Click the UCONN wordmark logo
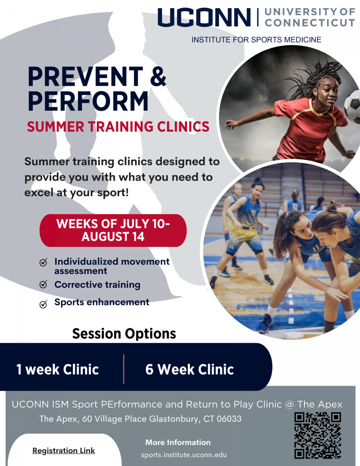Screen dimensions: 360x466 coord(204,17)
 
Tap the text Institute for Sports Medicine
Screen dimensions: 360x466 coord(256,40)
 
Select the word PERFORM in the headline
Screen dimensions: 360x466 coord(88,101)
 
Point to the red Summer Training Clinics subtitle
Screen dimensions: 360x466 coord(118,126)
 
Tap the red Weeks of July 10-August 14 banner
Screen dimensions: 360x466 coord(113,230)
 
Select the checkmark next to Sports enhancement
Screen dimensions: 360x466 coord(43,304)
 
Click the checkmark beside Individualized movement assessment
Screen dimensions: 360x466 coord(43,262)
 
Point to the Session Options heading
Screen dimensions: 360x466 coord(124,334)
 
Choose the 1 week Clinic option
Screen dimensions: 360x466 coord(57,369)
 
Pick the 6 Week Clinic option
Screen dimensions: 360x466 coord(190,369)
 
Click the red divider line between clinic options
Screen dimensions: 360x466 coord(124,369)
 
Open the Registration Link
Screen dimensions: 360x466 coord(63,450)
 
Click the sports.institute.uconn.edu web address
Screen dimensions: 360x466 coord(184,455)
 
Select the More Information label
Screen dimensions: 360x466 coord(178,442)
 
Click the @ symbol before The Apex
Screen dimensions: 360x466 coord(289,405)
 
